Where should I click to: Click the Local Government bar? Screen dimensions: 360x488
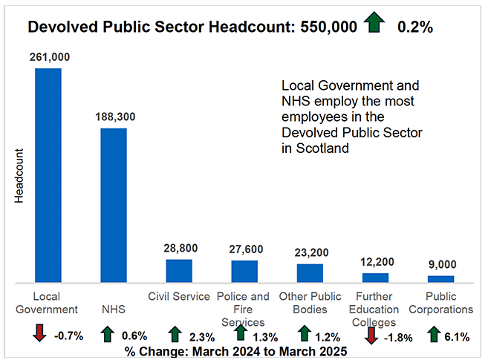(x=48, y=175)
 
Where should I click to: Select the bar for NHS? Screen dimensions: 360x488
(x=114, y=206)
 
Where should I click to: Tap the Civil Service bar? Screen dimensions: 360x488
(x=179, y=271)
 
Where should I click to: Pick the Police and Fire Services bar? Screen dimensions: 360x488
(x=244, y=272)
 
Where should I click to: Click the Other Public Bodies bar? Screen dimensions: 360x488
(x=310, y=273)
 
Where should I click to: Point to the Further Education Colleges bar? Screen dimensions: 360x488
(x=375, y=278)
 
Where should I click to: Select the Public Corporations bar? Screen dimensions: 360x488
(x=440, y=279)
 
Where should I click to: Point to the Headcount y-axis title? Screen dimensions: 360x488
(x=19, y=177)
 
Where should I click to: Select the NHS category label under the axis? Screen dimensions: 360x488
(x=114, y=309)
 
